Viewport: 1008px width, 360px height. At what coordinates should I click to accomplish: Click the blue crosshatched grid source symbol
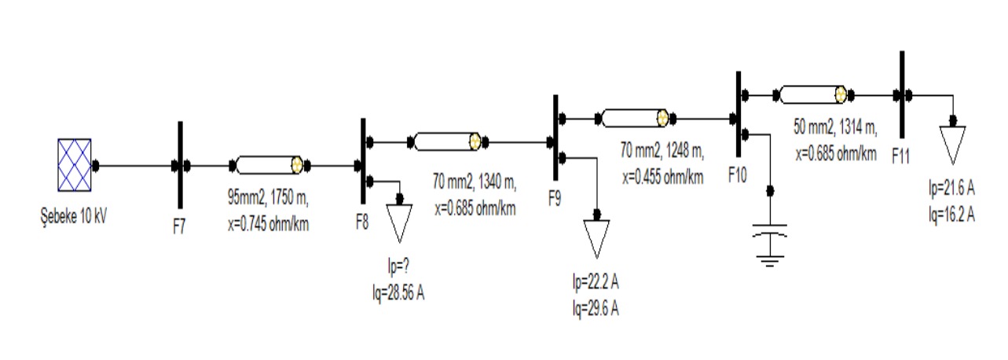point(75,165)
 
